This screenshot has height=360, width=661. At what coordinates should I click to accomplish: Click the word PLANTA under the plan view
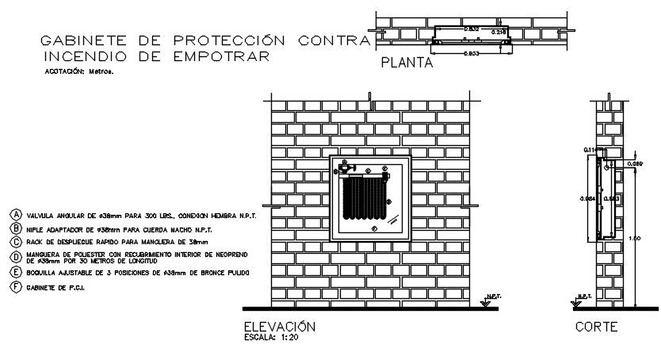407,64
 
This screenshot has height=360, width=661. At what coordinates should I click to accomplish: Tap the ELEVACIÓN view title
280,327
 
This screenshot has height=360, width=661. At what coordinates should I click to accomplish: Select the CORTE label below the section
596,327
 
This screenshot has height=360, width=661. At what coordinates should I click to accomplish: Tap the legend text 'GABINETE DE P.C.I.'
55,286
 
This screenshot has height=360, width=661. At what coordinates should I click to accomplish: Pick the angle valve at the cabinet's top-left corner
346,167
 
